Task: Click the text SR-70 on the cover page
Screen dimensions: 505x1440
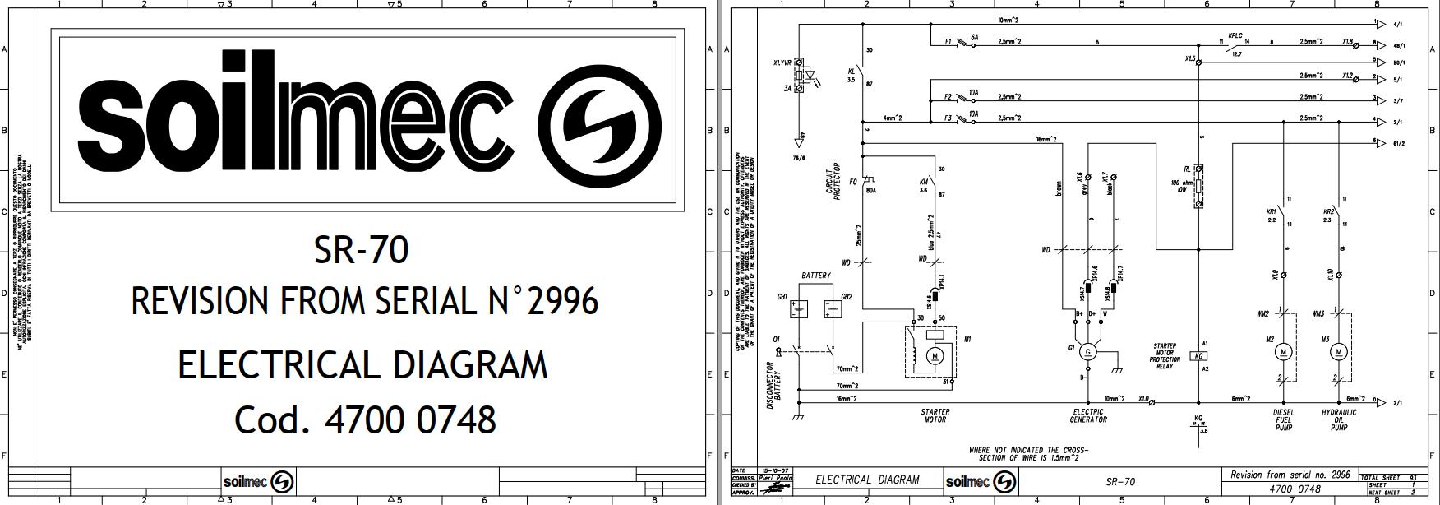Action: [361, 250]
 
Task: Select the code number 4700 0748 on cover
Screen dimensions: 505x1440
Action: [410, 419]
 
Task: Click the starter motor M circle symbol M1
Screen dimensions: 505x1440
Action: [935, 355]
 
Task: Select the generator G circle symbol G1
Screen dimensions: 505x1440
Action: [1088, 352]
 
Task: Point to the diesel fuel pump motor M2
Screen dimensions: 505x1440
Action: [1283, 352]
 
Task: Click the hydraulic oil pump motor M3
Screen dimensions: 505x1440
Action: [1338, 352]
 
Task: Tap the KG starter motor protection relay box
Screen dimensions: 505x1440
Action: [1198, 356]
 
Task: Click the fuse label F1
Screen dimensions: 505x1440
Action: [948, 40]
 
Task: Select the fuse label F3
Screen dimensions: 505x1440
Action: [948, 118]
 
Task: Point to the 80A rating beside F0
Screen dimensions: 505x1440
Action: [871, 191]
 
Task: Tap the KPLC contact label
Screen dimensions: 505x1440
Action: [1235, 36]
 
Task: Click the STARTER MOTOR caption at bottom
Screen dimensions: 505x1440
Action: [935, 416]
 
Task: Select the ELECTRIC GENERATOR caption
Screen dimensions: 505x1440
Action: [1088, 416]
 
